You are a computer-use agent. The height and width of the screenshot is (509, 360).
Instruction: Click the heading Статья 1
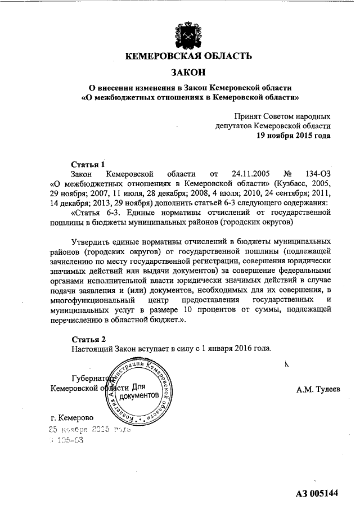pos(88,164)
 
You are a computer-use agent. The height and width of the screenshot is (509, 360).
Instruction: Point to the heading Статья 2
pos(88,339)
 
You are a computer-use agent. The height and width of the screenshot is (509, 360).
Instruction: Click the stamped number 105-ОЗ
pos(67,440)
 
